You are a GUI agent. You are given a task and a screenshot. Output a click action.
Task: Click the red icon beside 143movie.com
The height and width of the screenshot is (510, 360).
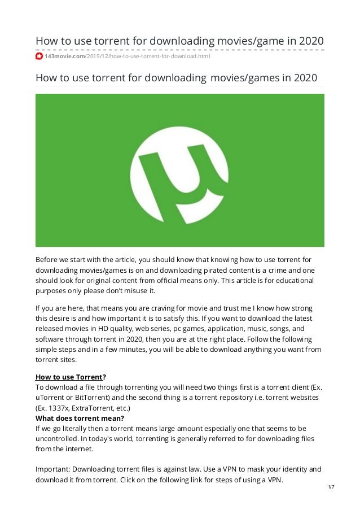pos(39,56)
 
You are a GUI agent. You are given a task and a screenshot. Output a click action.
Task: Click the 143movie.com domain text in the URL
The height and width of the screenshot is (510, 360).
pos(64,56)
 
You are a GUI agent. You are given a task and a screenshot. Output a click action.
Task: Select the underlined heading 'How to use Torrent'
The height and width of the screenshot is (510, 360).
pos(69,377)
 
